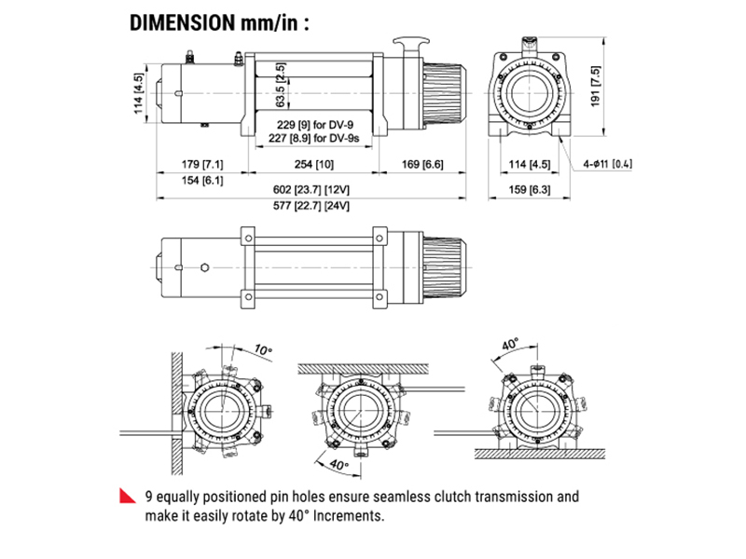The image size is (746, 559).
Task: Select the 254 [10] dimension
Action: (x=312, y=166)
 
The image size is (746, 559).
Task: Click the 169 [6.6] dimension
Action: (x=422, y=166)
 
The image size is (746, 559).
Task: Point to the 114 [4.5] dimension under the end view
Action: (x=528, y=166)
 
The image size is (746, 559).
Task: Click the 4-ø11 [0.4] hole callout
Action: (x=608, y=165)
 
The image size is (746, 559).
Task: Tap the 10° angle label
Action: (x=263, y=348)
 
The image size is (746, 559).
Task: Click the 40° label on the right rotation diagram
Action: (x=509, y=344)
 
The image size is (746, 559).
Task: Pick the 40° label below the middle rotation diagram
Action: (x=338, y=463)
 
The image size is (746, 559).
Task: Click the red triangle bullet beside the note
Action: (x=126, y=496)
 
